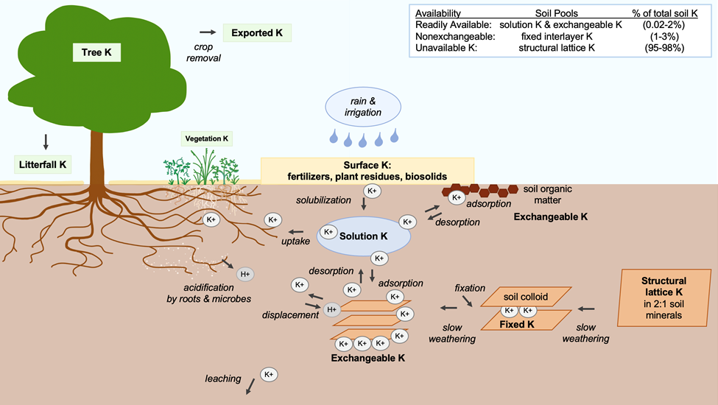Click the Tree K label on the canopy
point(96,52)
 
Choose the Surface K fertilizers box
point(367,170)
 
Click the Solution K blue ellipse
point(362,236)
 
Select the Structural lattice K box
point(664,297)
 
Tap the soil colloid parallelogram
point(526,296)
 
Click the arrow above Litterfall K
point(46,140)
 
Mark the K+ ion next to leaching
point(269,375)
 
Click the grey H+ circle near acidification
point(245,274)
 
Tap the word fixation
point(471,287)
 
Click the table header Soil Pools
point(557,13)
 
